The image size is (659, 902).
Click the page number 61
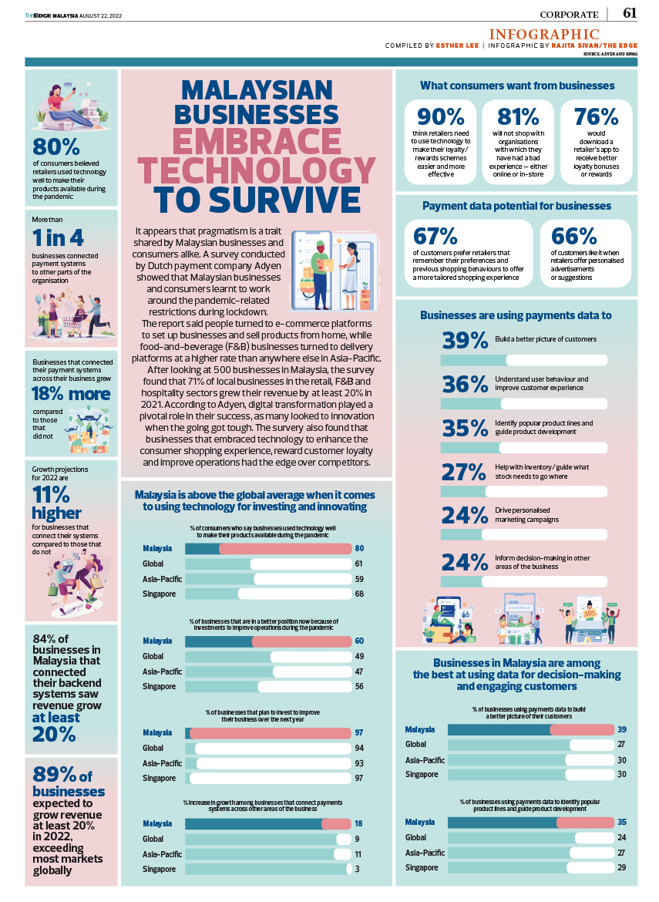click(630, 13)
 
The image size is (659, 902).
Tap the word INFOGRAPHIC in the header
click(544, 34)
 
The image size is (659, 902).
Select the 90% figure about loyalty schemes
click(441, 116)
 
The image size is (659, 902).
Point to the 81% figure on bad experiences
click(518, 116)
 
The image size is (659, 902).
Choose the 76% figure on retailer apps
click(596, 116)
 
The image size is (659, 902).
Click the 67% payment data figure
click(435, 236)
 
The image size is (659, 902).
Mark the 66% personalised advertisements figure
click(573, 236)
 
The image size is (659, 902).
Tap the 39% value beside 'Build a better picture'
click(466, 341)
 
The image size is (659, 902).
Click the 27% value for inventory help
click(466, 472)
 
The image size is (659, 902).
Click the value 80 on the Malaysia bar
click(359, 549)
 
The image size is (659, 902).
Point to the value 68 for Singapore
click(359, 594)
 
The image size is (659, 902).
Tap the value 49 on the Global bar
click(359, 656)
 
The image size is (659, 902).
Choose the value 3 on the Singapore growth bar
click(357, 869)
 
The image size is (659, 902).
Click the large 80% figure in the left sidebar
click(56, 146)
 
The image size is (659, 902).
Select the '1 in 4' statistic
click(58, 237)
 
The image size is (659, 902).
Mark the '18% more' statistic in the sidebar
click(70, 393)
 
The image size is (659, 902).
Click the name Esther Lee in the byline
click(457, 45)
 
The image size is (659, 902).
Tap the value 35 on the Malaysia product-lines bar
click(621, 822)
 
